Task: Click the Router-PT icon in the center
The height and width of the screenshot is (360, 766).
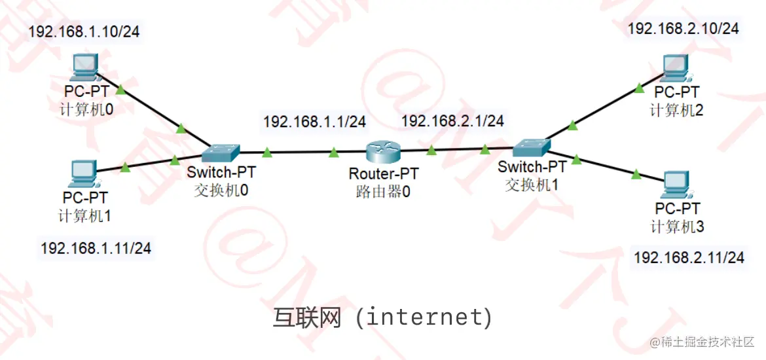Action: (x=382, y=153)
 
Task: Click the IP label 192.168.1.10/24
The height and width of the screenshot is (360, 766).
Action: (x=84, y=31)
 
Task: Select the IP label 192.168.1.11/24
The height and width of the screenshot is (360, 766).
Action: (x=96, y=248)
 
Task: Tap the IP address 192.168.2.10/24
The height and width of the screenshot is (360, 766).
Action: (x=684, y=28)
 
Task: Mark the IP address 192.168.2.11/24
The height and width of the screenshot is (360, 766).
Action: (x=689, y=257)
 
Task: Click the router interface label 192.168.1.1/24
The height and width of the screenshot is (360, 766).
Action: (x=314, y=121)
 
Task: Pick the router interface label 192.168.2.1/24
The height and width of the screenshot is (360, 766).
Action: (x=452, y=120)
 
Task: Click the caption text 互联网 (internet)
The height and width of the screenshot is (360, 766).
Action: (x=382, y=317)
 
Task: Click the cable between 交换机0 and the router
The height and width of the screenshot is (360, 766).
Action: (x=301, y=153)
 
